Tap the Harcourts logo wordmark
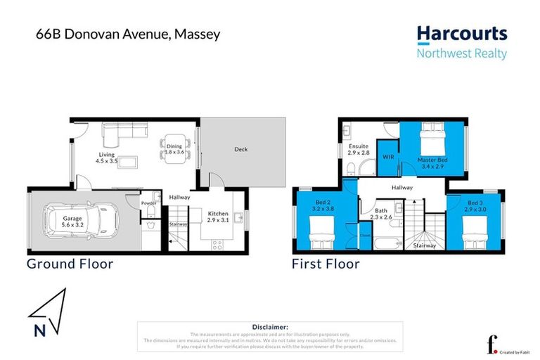(x=461, y=34)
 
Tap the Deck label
(x=240, y=149)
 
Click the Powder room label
(x=148, y=202)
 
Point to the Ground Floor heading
(x=70, y=264)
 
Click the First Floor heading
(x=326, y=264)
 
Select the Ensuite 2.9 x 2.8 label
(x=360, y=149)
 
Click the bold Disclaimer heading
(x=270, y=327)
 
